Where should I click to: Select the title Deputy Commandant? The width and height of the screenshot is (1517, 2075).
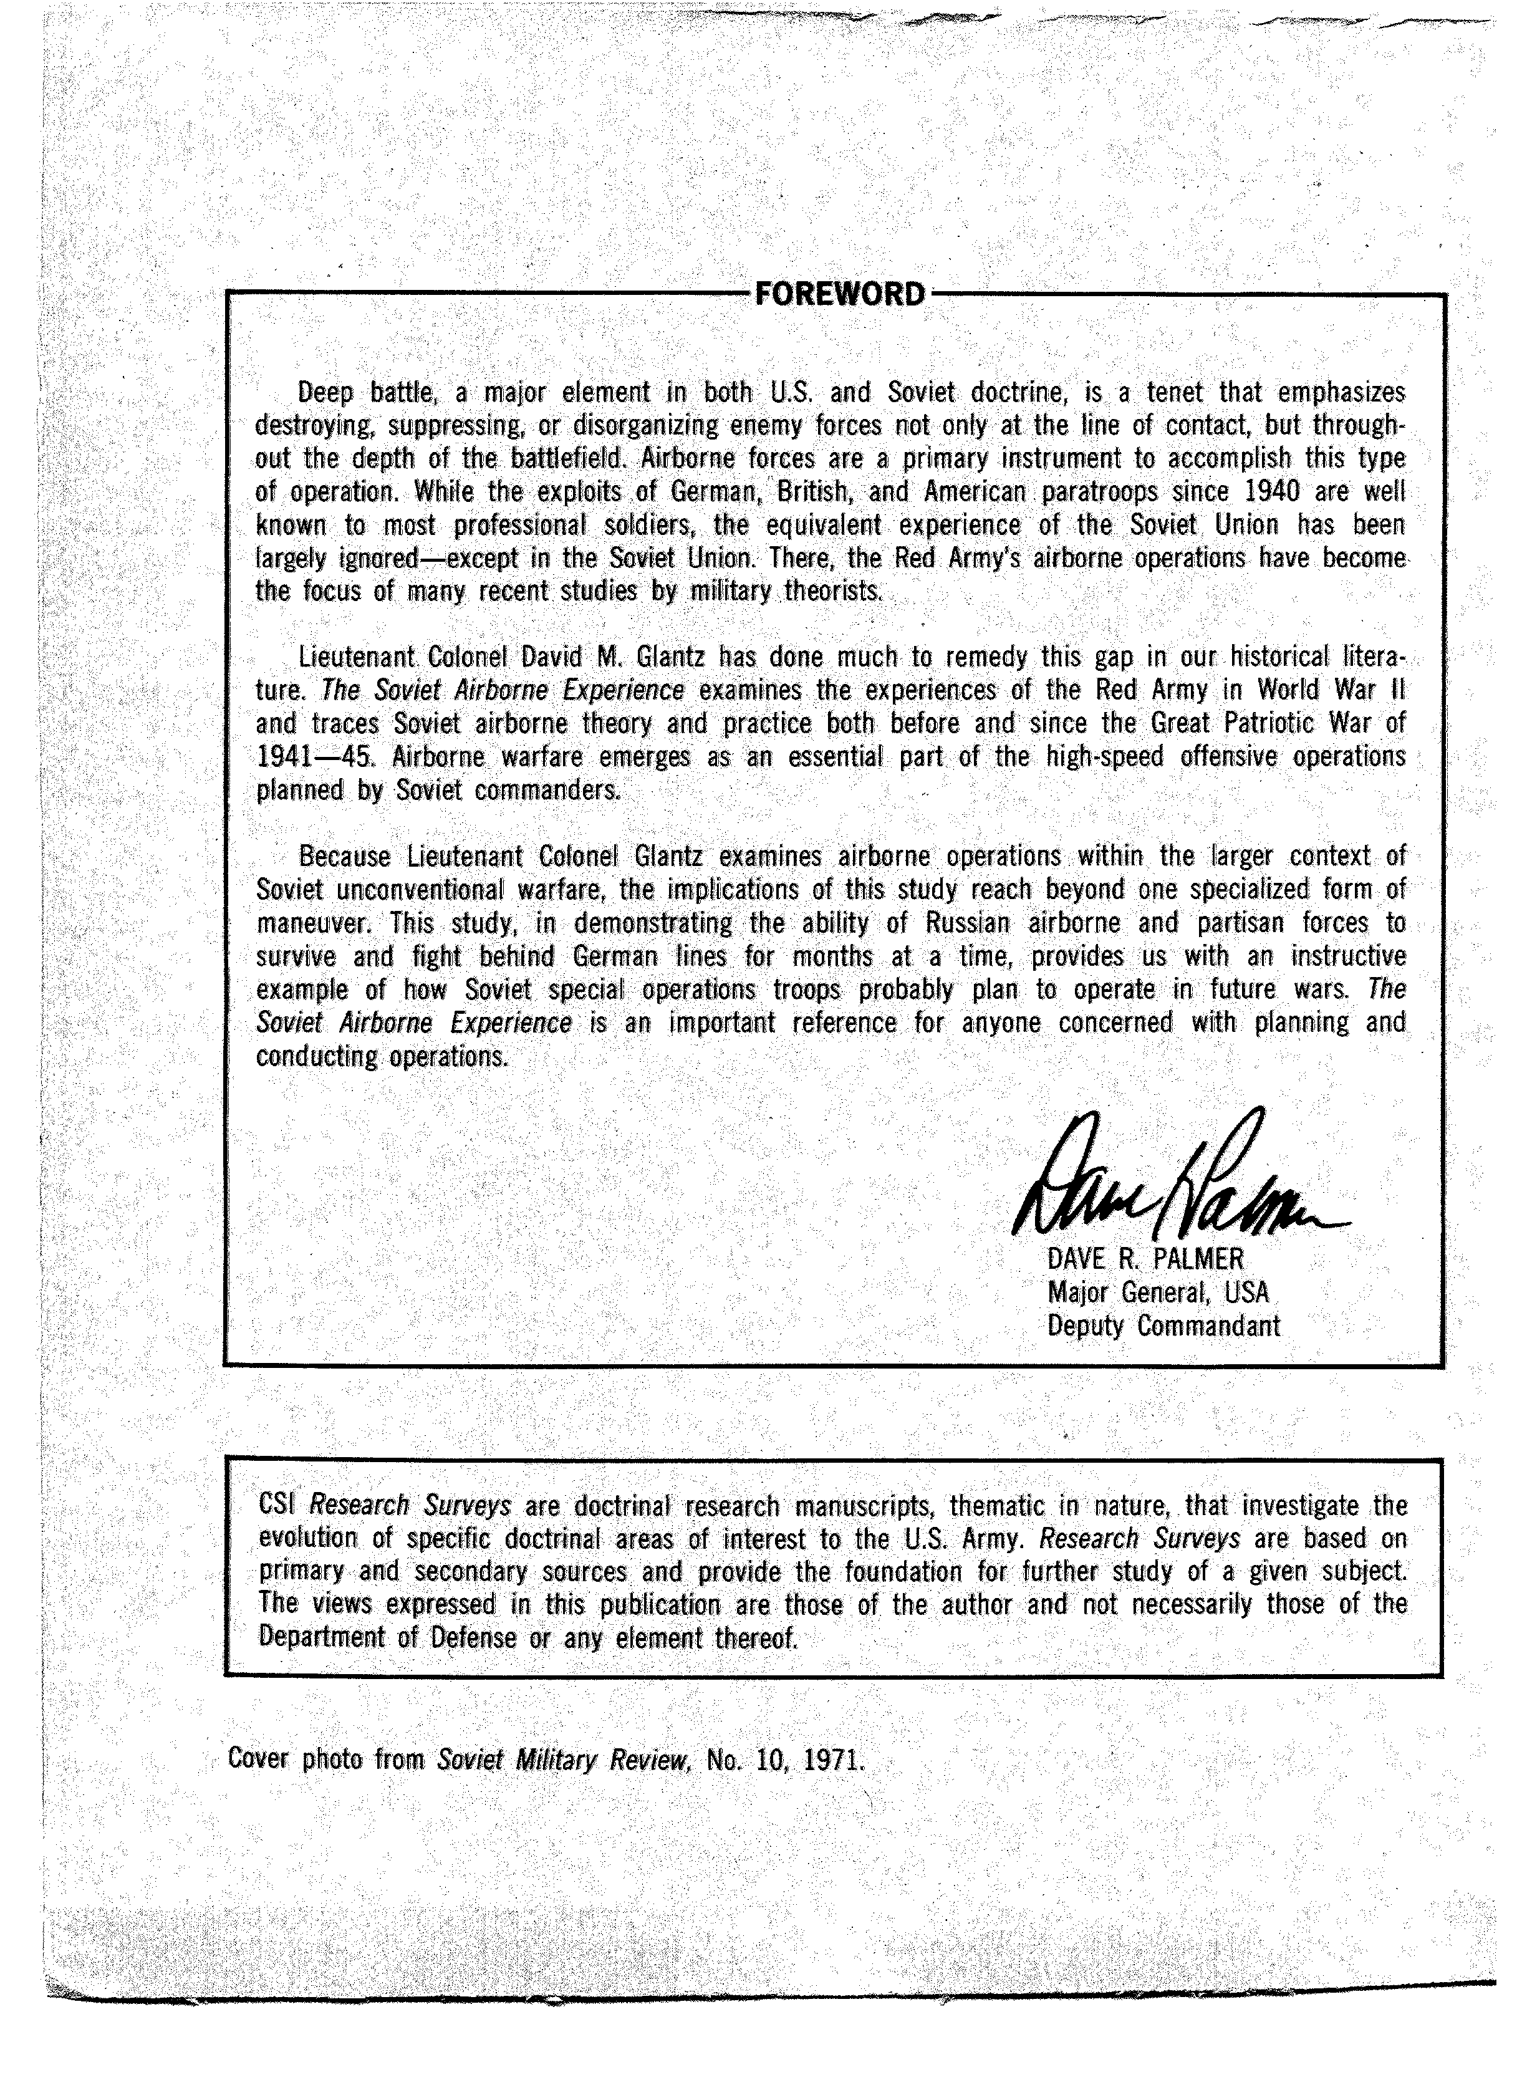pyautogui.click(x=1163, y=1326)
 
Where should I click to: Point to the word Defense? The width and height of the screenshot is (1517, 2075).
pyautogui.click(x=472, y=1637)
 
